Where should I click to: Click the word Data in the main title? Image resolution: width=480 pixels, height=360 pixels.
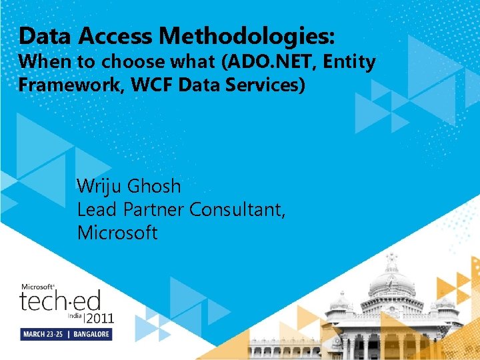coord(41,35)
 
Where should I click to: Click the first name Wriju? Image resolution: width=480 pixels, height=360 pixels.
coord(101,186)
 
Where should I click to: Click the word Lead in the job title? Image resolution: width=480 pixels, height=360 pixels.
coord(94,210)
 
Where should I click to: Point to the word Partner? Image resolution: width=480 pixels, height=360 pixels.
coord(151,210)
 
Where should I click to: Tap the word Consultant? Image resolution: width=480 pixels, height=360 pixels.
coord(237,210)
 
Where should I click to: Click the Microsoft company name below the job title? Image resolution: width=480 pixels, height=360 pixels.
coord(117,233)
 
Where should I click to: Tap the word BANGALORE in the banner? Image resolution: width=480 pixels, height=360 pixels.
coord(92,334)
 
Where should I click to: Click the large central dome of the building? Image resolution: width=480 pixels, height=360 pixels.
coord(391,280)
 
